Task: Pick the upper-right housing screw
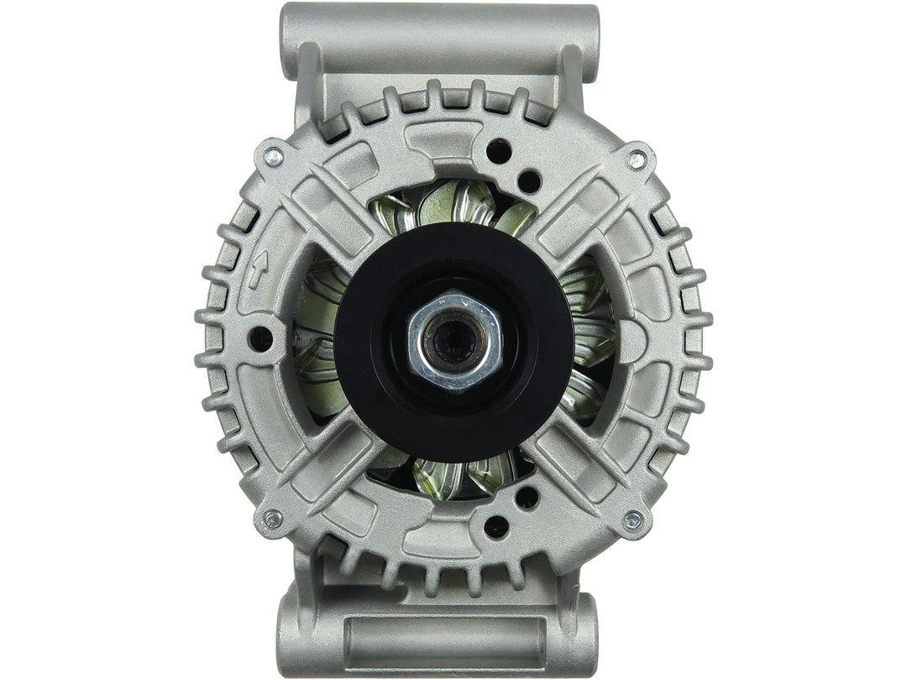click(x=637, y=159)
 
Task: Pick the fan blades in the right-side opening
click(x=588, y=336)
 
